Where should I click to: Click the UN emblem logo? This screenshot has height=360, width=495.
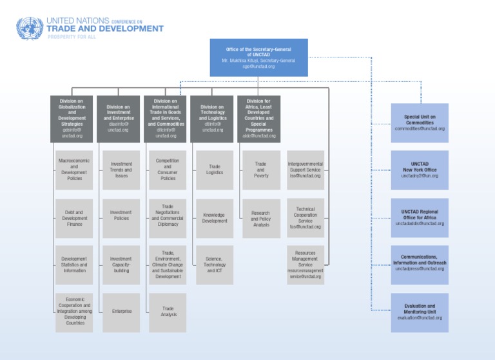29,28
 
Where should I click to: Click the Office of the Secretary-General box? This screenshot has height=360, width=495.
258,57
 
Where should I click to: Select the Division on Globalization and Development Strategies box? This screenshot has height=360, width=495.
72,119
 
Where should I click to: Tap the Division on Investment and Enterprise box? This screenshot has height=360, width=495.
119,119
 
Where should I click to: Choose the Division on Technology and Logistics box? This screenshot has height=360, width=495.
213,119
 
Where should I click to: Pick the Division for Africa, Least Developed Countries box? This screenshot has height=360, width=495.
259,119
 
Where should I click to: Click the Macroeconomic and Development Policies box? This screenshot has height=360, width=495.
74,170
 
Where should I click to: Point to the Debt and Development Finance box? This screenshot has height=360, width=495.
74,218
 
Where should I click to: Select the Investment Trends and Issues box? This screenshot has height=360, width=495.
121,170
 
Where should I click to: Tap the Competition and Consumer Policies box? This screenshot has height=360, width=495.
168,170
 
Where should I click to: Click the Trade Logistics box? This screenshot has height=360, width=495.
215,170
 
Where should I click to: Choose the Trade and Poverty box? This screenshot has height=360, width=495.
261,170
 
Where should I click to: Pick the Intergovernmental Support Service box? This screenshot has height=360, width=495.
306,170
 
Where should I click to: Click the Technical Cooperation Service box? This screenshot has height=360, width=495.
306,218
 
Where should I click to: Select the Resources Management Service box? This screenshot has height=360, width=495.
306,265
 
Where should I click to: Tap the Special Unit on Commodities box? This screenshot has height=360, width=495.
420,123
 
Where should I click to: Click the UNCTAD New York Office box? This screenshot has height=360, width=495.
420,170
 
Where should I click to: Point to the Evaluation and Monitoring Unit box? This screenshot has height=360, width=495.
420,312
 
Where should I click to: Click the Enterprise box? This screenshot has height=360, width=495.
121,312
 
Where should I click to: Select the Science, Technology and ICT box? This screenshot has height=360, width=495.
215,265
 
